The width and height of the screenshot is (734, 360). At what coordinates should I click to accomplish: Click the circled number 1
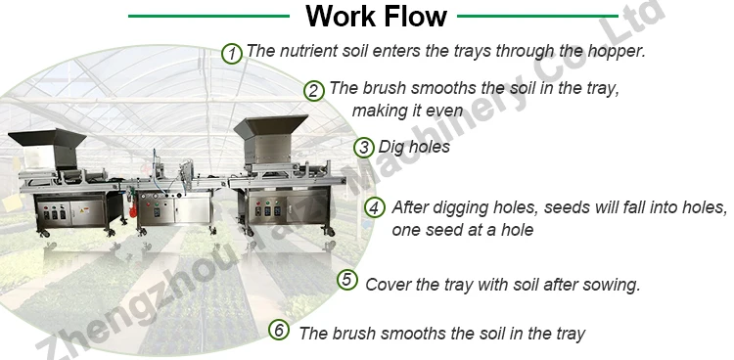coord(232,53)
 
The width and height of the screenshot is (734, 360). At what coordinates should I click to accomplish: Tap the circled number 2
coord(313,90)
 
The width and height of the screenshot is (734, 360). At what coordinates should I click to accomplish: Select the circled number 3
coord(364,148)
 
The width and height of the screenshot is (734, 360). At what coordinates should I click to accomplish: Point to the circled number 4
coord(375,208)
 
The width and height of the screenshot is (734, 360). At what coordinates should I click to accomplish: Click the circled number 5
coord(347,280)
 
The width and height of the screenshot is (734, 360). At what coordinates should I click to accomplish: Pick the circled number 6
coord(280,331)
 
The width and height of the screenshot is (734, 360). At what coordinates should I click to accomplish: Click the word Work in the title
coord(338,17)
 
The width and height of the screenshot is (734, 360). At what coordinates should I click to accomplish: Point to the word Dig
coord(392,148)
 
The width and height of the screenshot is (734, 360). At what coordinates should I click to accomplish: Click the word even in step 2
coord(443,110)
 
